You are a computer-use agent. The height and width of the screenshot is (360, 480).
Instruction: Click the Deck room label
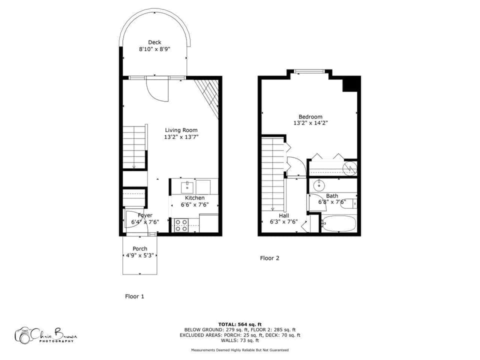coord(154,42)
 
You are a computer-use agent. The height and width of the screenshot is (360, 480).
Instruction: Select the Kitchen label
coord(194,198)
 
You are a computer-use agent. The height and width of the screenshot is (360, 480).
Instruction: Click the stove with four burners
coord(181,224)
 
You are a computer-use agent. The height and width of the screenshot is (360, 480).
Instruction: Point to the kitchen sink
coord(188,187)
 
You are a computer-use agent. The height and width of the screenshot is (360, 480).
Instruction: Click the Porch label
coord(139,249)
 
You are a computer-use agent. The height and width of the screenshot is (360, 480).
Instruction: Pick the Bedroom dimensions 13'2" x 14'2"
coord(310,123)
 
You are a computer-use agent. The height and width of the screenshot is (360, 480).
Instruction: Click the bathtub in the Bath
coord(338,223)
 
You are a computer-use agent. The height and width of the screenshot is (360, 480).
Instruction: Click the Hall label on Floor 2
coord(284,215)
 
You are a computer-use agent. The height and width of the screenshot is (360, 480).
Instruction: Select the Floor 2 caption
coord(269,258)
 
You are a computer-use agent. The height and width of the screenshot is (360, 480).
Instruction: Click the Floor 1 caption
coord(134,296)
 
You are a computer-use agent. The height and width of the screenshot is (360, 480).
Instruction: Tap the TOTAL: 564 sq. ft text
coord(240,324)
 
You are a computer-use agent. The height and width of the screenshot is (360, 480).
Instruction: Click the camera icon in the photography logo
coord(23,335)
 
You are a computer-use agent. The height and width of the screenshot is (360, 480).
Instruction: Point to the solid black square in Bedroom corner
coord(351,84)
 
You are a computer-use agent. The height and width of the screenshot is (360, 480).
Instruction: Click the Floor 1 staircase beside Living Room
coord(134,147)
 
